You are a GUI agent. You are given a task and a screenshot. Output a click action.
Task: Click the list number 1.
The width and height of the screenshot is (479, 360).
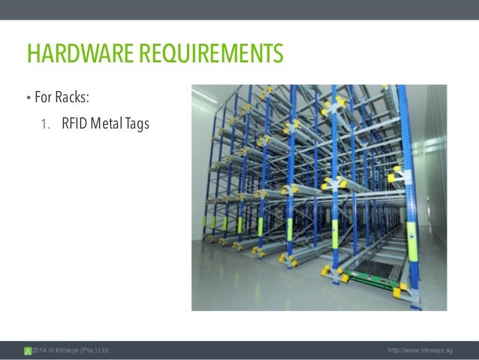click(x=44, y=123)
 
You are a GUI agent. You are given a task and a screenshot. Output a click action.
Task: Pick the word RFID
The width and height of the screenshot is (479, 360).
click(x=73, y=123)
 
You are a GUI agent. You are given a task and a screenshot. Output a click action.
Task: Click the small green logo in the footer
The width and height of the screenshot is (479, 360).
click(x=28, y=351)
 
